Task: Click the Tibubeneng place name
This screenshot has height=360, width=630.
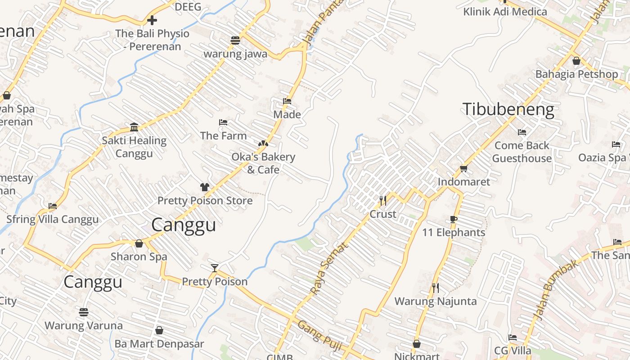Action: tap(508, 109)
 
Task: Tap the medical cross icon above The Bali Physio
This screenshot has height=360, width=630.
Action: tap(152, 20)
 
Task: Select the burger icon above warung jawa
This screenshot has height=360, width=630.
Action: tap(235, 40)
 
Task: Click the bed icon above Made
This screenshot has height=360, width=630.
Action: tap(287, 101)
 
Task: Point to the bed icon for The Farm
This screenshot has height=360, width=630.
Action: tap(223, 122)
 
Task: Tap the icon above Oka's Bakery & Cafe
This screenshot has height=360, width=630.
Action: tap(263, 144)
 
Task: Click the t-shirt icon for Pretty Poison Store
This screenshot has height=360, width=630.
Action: tap(205, 187)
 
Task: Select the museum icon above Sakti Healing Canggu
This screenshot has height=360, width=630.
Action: tap(134, 127)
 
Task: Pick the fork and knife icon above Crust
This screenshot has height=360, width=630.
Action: tap(383, 201)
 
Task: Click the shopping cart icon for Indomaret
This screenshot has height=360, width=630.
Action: tap(464, 169)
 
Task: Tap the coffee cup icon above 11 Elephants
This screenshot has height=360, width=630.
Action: tap(454, 219)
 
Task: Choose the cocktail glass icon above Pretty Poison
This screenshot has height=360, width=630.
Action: tap(215, 268)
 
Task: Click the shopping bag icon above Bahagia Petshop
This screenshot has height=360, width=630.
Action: tap(576, 61)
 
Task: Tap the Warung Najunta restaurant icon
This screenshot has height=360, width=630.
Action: tap(435, 288)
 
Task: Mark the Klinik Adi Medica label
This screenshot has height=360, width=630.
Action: tap(505, 11)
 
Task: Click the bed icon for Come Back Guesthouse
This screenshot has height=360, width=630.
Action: tap(522, 132)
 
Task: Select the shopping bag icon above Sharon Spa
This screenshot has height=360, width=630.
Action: tap(139, 243)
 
